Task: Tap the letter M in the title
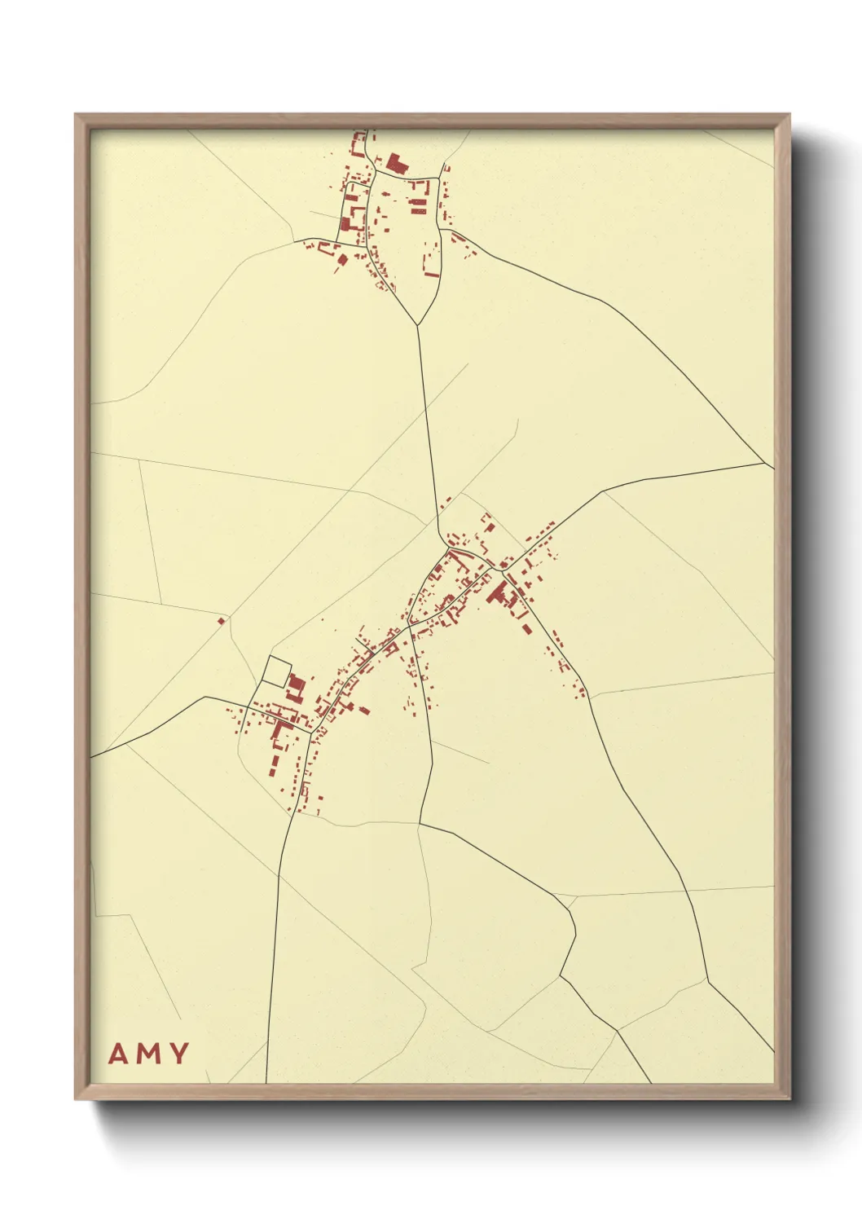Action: tap(148, 1054)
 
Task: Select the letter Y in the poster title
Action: tap(179, 1054)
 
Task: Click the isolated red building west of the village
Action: tap(222, 622)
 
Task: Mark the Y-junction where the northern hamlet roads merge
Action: tap(417, 325)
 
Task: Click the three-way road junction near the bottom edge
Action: tap(617, 1030)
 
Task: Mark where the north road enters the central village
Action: tap(441, 538)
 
